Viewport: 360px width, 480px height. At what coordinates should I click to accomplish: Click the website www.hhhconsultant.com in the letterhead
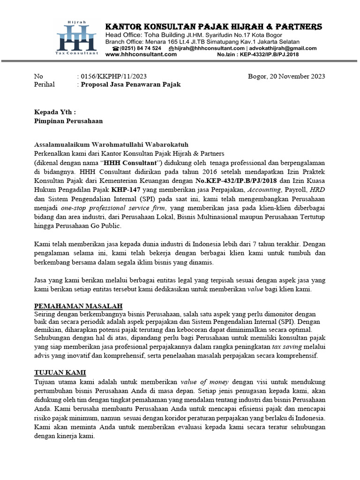click(141, 54)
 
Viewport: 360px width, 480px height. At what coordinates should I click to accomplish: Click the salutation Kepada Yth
click(55, 112)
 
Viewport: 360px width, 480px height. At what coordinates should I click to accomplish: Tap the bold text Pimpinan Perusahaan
click(68, 120)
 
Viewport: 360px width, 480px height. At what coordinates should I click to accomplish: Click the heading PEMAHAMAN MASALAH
click(78, 306)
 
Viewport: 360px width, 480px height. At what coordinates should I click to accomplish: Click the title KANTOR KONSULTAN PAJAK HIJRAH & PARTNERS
click(214, 27)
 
